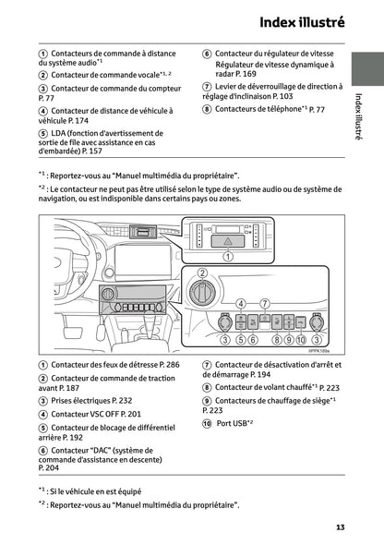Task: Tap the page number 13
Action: (340, 527)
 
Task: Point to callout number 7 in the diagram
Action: (264, 304)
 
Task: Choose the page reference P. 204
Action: (50, 469)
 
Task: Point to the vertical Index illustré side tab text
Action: (358, 116)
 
